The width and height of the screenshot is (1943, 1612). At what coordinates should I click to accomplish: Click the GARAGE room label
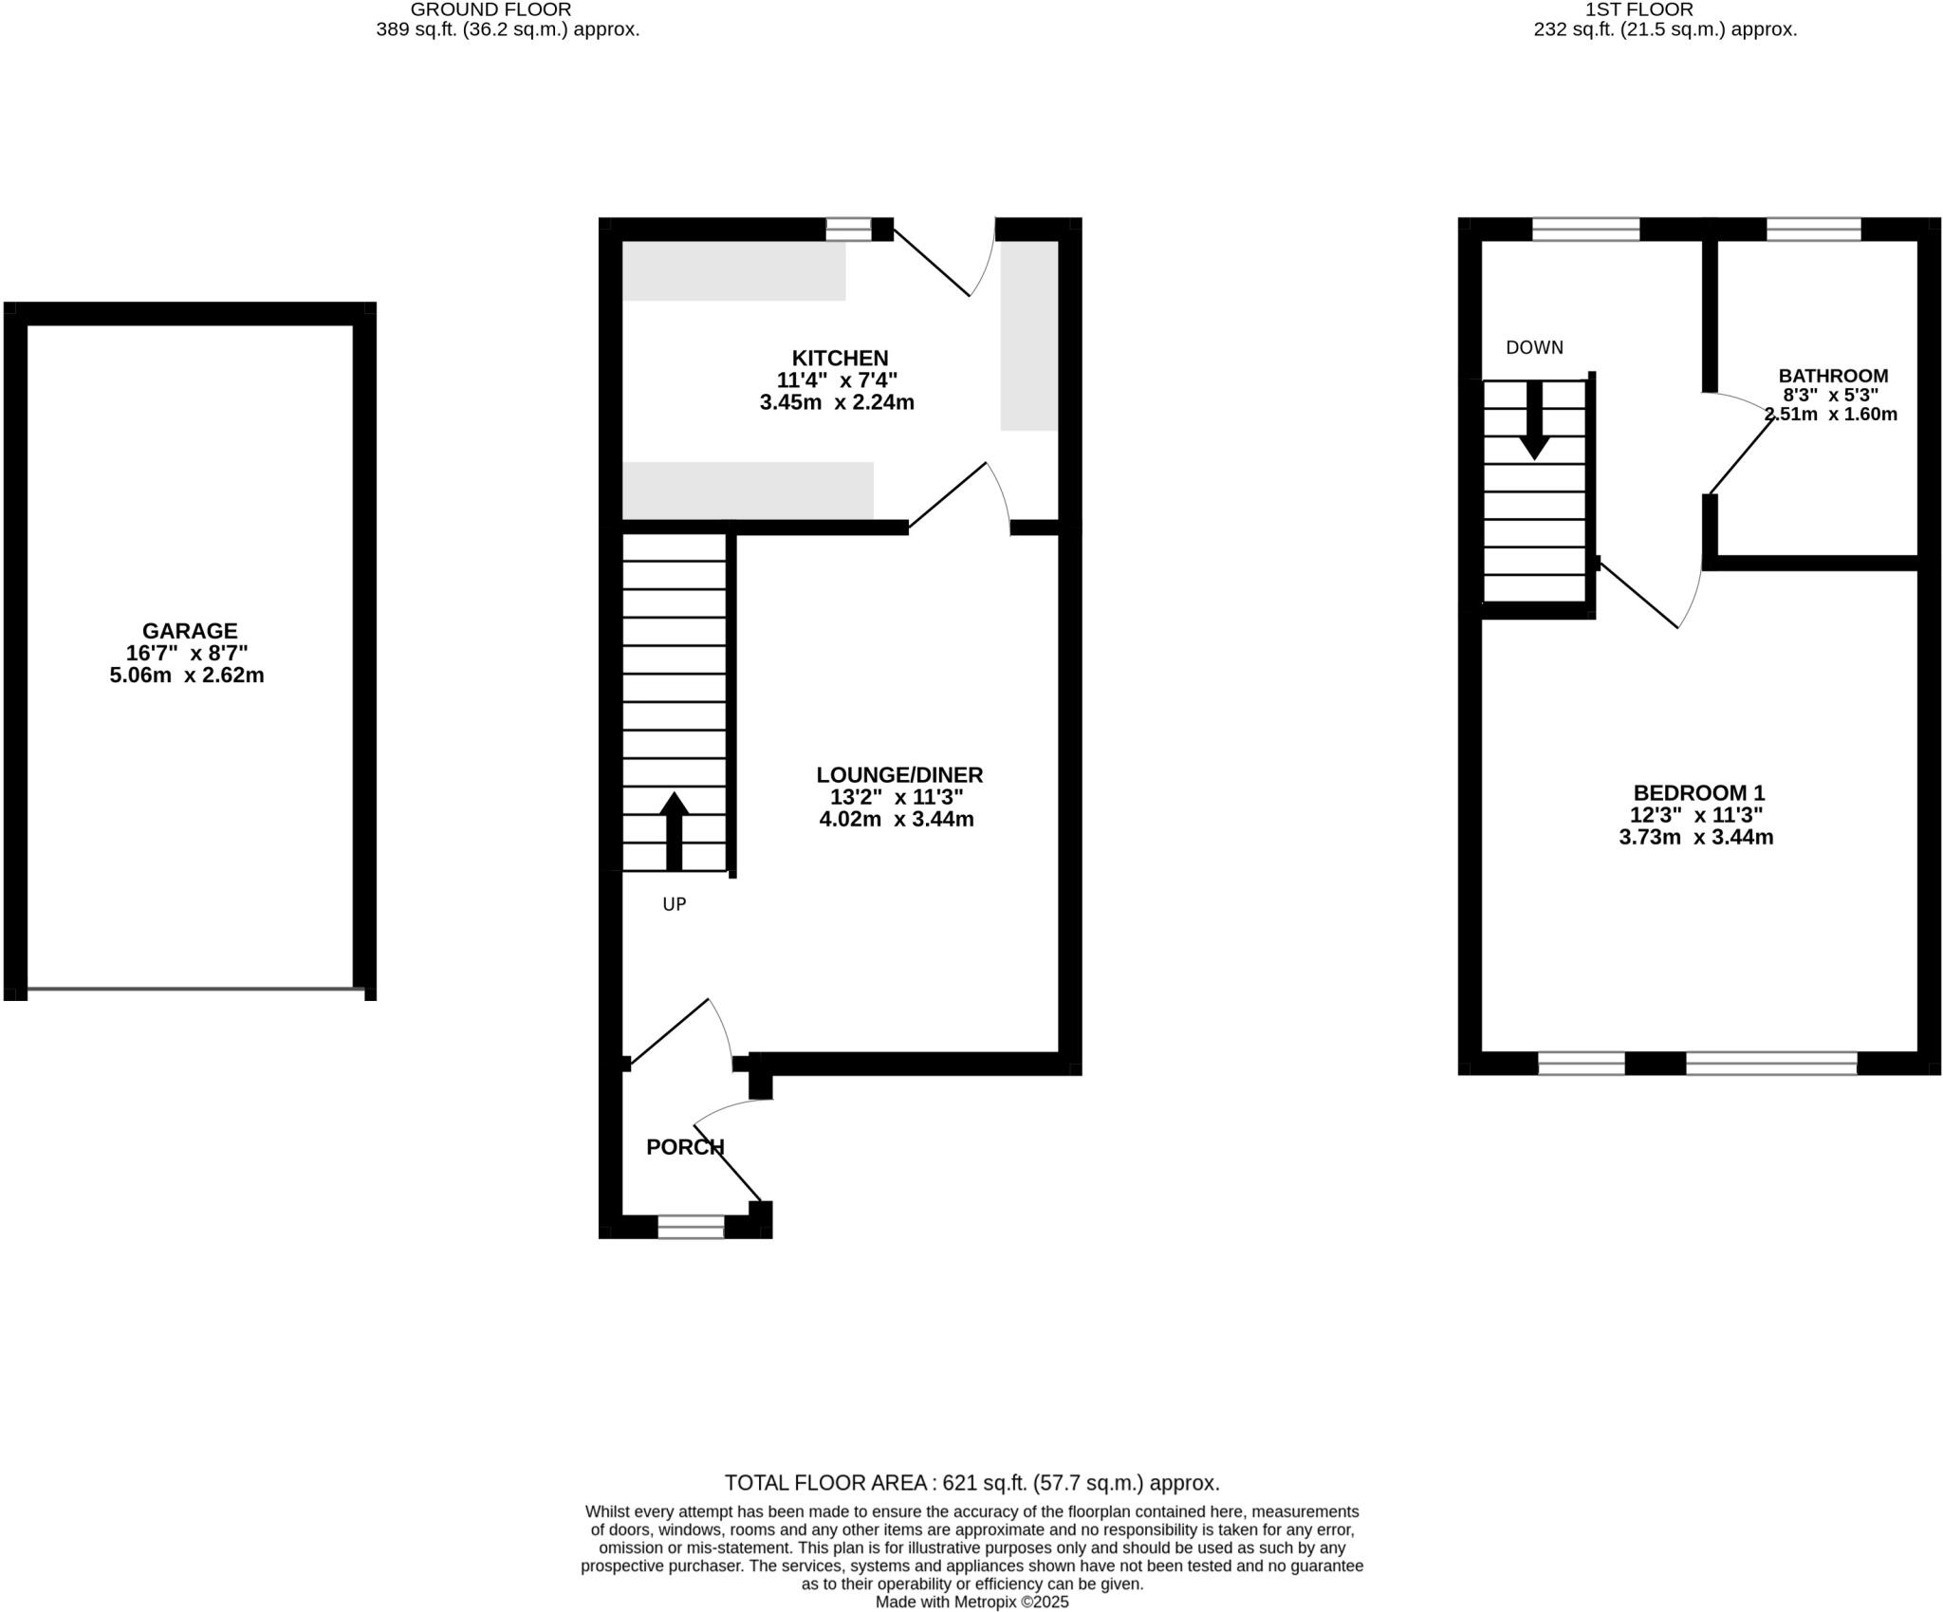190,631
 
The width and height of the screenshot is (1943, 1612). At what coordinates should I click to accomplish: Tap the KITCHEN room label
840,359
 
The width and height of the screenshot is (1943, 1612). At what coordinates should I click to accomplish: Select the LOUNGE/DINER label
899,775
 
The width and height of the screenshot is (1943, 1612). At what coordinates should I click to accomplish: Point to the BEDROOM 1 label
1698,793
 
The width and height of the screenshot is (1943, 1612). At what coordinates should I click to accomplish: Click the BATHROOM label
1833,376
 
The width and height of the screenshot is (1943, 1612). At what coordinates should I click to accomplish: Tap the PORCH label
685,1147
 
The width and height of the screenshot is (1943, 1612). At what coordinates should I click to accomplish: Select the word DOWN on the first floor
1534,348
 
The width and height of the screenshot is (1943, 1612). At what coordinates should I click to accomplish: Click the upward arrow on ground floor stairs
674,830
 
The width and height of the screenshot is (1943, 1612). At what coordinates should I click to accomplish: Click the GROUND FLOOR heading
490,9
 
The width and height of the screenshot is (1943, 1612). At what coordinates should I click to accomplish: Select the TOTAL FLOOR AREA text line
971,1483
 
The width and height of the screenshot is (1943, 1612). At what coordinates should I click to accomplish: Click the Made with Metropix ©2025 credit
971,1602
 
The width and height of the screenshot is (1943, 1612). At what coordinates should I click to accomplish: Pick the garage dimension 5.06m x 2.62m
187,676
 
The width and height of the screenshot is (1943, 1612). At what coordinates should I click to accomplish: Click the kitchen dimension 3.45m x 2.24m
837,402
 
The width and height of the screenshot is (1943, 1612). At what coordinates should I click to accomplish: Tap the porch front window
691,1227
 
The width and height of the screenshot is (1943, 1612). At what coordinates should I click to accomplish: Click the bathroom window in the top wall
1813,229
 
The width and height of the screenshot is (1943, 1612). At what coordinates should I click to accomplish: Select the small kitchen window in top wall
848,229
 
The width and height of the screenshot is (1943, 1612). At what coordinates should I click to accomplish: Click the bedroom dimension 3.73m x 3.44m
1696,837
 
